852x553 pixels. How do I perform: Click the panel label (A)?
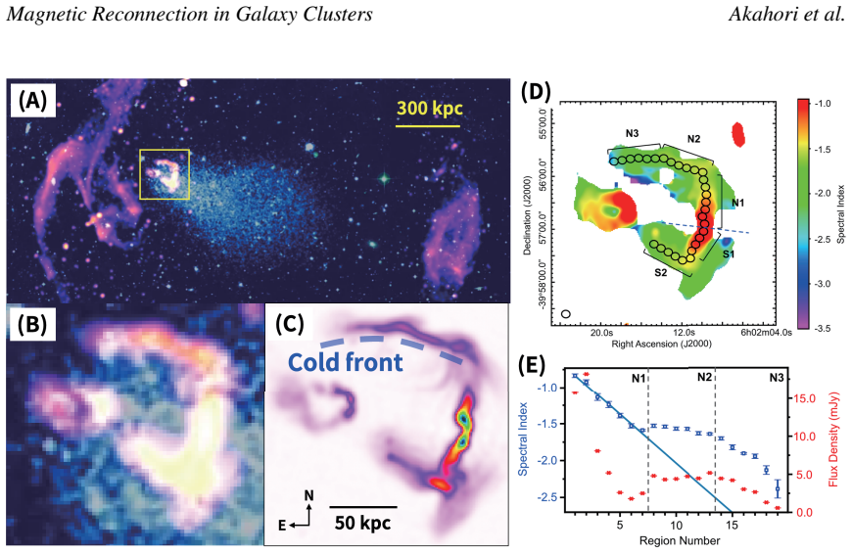(32, 101)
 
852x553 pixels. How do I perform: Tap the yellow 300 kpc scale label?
(429, 108)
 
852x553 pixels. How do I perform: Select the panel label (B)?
(32, 324)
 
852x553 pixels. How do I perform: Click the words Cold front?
(346, 362)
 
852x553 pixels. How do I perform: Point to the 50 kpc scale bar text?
(362, 523)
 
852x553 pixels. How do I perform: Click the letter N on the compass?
(309, 495)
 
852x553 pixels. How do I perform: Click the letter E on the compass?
(282, 526)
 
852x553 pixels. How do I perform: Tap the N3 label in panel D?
(632, 133)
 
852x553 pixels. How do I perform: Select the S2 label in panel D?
(661, 273)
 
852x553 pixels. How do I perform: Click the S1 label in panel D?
(729, 253)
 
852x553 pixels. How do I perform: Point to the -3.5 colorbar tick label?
(824, 328)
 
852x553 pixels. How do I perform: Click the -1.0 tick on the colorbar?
(824, 104)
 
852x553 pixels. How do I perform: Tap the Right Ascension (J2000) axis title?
(662, 344)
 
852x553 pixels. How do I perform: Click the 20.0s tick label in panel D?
(602, 333)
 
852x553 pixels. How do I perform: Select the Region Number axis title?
(680, 540)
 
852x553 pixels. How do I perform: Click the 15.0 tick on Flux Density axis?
(806, 398)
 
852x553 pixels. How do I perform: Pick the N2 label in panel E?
(705, 377)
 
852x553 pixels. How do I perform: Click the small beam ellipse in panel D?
(566, 314)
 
